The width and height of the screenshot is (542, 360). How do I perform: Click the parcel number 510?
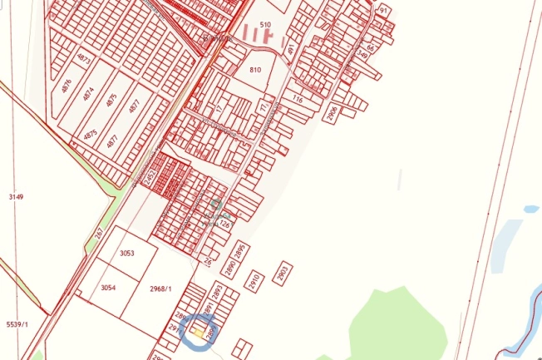(265, 26)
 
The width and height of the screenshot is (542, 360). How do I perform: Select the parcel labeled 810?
(254, 71)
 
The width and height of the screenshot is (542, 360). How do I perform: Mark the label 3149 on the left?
(16, 197)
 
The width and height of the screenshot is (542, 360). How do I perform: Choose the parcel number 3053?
(126, 253)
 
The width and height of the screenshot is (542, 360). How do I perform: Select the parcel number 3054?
(108, 287)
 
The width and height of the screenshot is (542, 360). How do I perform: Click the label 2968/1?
(160, 288)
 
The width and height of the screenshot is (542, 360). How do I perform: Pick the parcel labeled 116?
(297, 98)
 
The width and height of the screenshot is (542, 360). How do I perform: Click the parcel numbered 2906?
(332, 114)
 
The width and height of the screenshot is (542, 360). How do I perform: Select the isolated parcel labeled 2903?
(283, 273)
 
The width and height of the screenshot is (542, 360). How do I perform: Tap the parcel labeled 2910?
(254, 280)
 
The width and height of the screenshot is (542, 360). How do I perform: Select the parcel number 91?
(383, 8)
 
